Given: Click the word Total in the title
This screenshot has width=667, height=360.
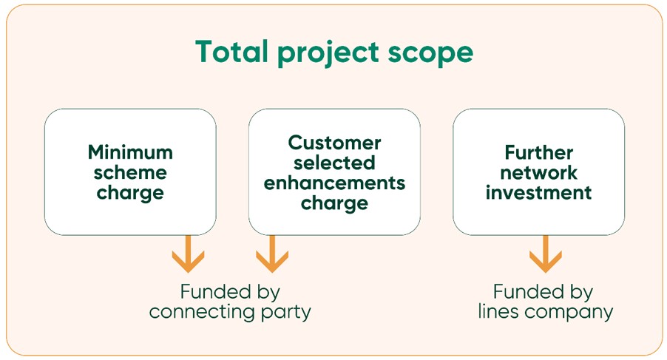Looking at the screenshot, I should [x=233, y=52].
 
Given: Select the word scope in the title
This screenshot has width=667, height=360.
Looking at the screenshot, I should [x=436, y=53].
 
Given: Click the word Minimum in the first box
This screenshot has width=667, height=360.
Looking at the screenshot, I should [x=130, y=152].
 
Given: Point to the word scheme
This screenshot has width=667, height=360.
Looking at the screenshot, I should [x=130, y=173].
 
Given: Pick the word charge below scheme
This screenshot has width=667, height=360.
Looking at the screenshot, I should [x=130, y=194].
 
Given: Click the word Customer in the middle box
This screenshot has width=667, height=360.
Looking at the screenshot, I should [x=334, y=142].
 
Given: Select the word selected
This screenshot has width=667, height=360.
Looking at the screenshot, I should [x=334, y=162].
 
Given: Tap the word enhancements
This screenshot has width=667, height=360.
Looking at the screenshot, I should [x=334, y=182].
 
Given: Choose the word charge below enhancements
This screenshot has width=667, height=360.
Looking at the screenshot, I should [x=334, y=203].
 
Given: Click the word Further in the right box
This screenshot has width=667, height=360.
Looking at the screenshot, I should [x=538, y=152].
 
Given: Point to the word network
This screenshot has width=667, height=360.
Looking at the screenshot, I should [x=538, y=173].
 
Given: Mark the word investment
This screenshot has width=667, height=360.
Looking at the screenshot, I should [x=538, y=193].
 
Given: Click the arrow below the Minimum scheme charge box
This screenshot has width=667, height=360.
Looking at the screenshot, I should [x=188, y=254].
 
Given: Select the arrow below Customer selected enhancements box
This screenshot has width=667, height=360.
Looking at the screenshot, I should [x=272, y=254].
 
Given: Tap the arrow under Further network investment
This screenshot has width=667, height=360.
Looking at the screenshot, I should [x=546, y=254].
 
